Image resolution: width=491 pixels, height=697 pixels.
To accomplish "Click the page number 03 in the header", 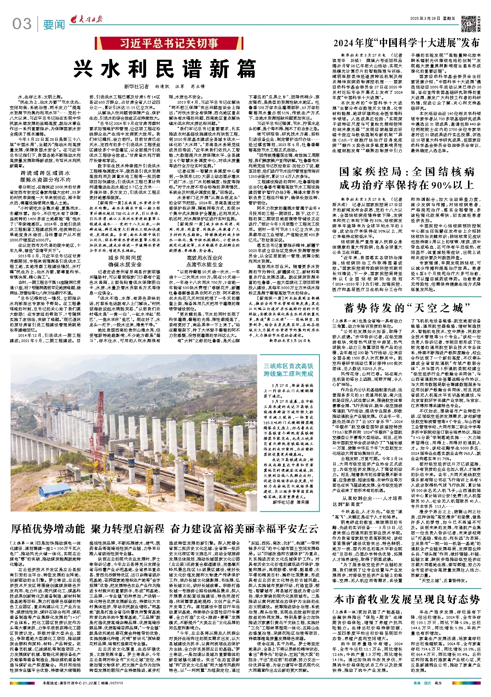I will pos(22,24).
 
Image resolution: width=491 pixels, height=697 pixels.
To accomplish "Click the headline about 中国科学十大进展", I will pos(406,43).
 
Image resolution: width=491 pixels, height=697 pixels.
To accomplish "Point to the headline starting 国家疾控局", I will pos(406,178).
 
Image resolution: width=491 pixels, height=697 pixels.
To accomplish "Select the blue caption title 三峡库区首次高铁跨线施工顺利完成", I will pos(288,370).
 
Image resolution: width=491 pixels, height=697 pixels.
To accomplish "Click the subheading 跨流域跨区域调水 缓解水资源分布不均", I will pos(46,176).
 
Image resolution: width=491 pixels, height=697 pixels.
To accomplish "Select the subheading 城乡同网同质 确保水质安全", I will pos(125,261).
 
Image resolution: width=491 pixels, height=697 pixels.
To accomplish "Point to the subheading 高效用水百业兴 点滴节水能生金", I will pos(204,261).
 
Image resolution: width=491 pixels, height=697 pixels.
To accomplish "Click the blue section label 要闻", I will pos(54,25).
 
